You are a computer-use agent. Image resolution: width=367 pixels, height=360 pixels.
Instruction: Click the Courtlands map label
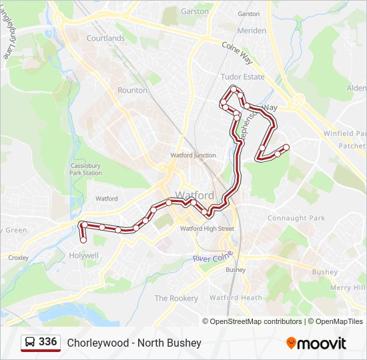click(105, 38)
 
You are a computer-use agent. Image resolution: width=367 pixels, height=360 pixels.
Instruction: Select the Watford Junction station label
click(193, 155)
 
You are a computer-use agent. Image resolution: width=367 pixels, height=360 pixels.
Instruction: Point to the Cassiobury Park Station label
click(86, 169)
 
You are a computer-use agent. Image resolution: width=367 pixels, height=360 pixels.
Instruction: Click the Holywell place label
click(83, 255)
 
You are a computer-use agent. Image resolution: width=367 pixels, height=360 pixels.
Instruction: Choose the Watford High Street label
click(207, 229)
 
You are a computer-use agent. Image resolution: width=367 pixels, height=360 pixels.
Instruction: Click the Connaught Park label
click(296, 218)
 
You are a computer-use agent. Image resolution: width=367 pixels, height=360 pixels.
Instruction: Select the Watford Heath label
click(236, 298)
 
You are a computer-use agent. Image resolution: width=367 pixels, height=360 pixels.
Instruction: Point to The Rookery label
click(176, 299)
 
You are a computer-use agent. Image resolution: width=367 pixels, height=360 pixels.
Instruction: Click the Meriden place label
click(252, 31)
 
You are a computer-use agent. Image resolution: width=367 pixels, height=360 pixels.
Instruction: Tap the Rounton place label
click(132, 90)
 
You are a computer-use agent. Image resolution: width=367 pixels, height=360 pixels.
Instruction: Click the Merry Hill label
click(348, 287)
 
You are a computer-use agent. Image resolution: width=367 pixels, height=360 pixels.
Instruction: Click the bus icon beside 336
click(30, 343)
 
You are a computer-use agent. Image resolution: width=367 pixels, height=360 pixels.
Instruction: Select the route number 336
click(48, 342)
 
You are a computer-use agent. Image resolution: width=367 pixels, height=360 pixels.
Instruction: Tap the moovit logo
click(316, 343)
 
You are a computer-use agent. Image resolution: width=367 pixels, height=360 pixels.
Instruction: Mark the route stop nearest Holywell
click(83, 240)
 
